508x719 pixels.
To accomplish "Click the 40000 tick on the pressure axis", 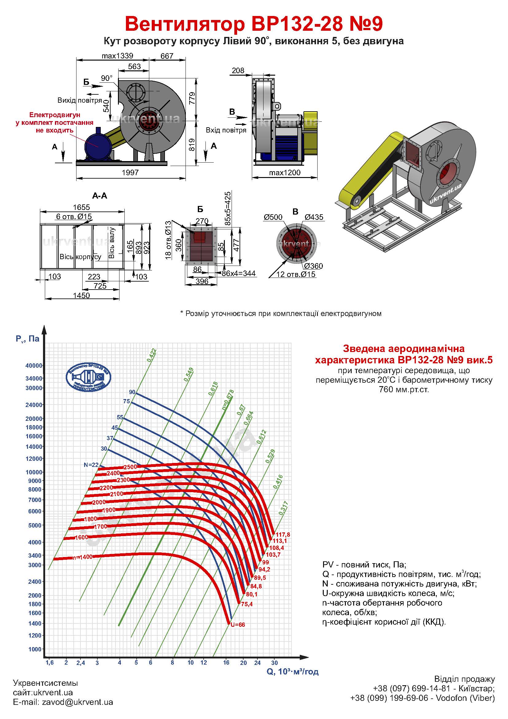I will coord(34,365).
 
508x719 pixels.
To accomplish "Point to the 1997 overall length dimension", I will coord(130,172).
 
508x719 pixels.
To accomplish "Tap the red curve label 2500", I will coord(130,467).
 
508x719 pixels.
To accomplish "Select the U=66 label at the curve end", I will coord(238,625).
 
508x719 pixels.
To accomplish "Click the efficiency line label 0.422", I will coord(152,355).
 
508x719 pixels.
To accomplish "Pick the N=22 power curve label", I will coord(91,465).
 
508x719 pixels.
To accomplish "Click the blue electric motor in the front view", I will coord(97,146).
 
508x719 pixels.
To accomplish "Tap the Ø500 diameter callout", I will coord(273,217).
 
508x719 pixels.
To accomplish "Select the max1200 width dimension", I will coord(285,173).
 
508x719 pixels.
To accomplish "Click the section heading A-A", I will coord(100,196).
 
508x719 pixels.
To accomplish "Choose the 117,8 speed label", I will coord(283,535).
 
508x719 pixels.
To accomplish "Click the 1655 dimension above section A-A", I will coord(81,207).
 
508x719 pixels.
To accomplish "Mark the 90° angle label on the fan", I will coord(107,78).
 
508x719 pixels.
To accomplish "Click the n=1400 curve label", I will coord(82,557).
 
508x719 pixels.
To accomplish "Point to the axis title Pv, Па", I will coord(28,339).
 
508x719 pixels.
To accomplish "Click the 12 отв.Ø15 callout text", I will coord(296,275).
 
